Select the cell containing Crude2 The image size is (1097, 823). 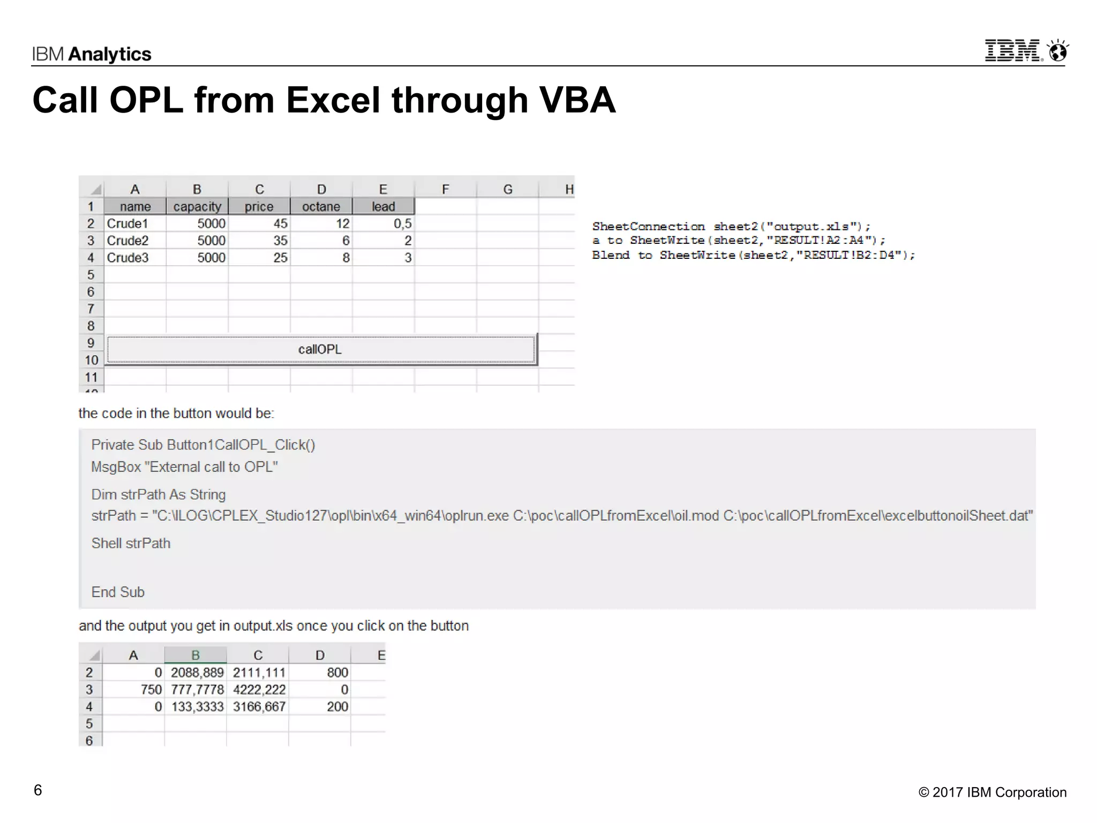127,241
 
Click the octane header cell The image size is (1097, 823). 321,207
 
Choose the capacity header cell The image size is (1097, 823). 197,207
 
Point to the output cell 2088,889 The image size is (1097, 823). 197,672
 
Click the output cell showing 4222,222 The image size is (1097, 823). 259,690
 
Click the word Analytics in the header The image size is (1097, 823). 110,54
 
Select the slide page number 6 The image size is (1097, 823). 37,790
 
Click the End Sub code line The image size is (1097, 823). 118,592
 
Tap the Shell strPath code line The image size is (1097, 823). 131,543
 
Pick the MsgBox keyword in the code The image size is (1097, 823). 116,467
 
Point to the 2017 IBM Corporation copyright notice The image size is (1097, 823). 992,792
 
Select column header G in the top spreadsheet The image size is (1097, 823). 508,189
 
